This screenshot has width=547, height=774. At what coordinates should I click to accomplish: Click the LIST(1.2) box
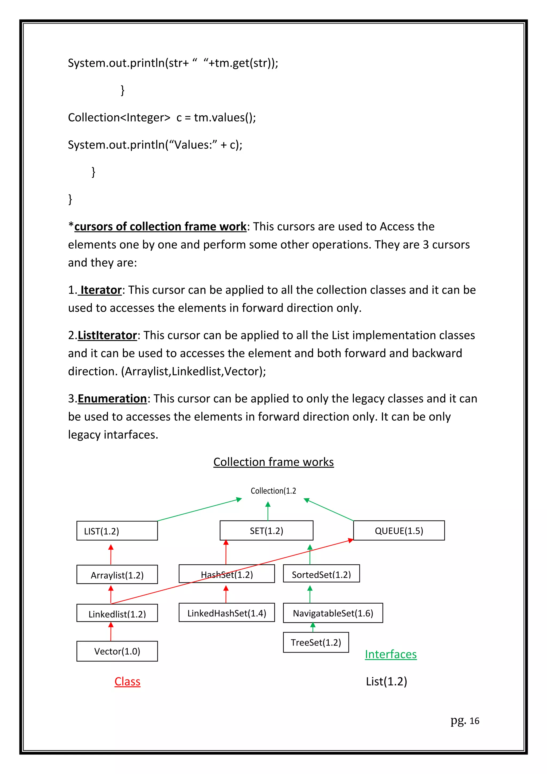[117, 531]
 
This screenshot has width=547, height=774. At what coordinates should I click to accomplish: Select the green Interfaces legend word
[390, 654]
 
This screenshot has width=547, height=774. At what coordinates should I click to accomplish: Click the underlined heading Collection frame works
[273, 462]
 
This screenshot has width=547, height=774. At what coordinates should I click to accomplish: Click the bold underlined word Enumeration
[112, 399]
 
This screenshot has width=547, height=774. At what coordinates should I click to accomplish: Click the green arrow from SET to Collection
[268, 511]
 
